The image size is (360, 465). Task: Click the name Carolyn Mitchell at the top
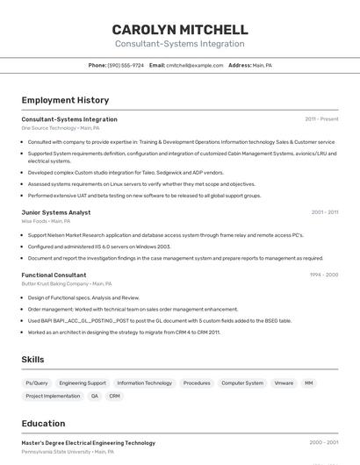point(180,30)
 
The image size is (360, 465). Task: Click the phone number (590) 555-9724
point(126,65)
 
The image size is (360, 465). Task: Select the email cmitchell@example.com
point(195,65)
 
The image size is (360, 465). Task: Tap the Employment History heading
point(65,100)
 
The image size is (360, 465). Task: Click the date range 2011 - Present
point(321,119)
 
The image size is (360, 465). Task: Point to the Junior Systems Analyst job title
point(56,212)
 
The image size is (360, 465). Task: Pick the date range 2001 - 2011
point(324,212)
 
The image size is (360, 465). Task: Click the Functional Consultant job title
point(54,275)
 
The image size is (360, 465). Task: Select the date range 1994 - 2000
point(323,275)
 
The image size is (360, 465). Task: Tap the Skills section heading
point(33,360)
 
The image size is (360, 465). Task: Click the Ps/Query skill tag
point(37,383)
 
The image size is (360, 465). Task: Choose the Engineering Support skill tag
point(83,383)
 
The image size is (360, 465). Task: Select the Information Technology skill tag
point(145,383)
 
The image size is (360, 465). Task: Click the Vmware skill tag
point(284,383)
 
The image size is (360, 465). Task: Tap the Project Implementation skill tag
point(53,396)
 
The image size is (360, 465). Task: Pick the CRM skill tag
point(114,396)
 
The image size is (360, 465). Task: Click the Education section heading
point(43,424)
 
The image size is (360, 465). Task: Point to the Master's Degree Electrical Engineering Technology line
point(88,443)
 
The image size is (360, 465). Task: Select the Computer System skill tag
point(242,383)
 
